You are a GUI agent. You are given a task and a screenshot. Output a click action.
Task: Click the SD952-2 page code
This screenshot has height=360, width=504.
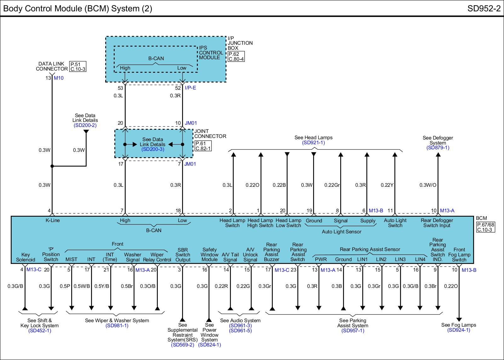(x=484, y=9)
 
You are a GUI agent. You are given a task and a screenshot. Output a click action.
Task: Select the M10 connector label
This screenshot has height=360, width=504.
(x=59, y=78)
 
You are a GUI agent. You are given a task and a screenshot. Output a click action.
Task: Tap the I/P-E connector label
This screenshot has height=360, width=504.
(x=190, y=88)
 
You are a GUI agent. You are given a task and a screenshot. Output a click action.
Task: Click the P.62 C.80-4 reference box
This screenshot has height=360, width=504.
(x=236, y=56)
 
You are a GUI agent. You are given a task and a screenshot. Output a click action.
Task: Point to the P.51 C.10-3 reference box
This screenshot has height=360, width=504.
(x=78, y=66)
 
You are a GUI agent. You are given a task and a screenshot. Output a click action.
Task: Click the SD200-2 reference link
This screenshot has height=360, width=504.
(x=85, y=125)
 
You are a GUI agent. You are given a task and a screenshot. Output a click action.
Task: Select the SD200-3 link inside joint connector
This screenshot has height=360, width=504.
(x=153, y=149)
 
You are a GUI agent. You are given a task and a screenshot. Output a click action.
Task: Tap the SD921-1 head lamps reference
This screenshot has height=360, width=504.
(x=313, y=143)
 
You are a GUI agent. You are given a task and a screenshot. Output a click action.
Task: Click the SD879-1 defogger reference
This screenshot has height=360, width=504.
(x=438, y=148)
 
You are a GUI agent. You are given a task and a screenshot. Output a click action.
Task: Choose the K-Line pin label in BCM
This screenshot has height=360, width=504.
(x=53, y=220)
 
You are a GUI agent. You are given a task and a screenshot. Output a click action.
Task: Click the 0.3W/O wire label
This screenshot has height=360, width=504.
(x=428, y=185)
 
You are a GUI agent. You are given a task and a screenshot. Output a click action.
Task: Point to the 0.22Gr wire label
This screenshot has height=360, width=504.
(x=332, y=185)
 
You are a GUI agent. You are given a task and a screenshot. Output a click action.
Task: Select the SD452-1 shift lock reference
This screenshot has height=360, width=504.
(x=40, y=330)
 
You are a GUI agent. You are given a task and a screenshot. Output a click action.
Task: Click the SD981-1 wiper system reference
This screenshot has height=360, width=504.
(x=117, y=326)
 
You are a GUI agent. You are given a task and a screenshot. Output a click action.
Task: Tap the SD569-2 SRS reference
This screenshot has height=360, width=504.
(x=182, y=345)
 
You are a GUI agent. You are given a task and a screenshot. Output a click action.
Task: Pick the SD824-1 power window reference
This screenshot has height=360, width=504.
(x=209, y=345)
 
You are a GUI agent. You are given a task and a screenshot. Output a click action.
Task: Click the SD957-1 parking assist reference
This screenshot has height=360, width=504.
(x=353, y=330)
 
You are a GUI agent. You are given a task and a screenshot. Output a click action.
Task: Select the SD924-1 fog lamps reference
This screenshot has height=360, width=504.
(x=459, y=330)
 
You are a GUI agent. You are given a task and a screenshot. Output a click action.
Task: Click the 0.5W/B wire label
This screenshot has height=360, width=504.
(x=82, y=286)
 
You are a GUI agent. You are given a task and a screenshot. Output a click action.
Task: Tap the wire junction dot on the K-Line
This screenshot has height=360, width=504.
(x=52, y=166)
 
